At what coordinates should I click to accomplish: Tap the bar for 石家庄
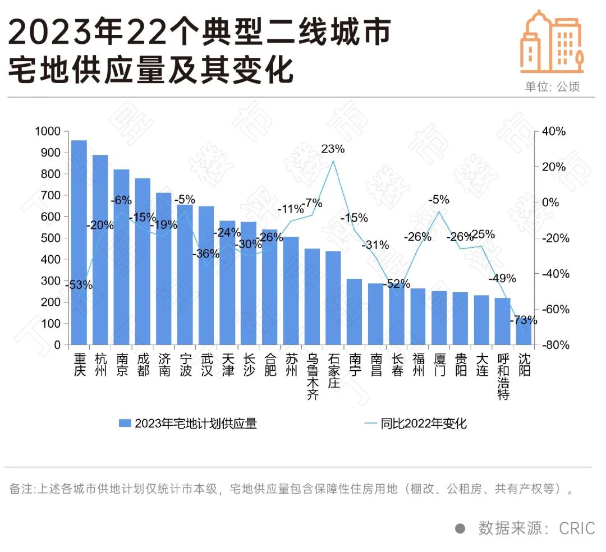[333, 298]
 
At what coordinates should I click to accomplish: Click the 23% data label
[333, 149]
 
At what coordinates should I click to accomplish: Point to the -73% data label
[524, 321]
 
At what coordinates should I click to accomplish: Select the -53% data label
[79, 285]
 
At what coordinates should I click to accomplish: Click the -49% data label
[502, 278]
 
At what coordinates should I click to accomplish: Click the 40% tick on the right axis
[554, 131]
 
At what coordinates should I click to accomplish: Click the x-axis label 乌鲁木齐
[313, 376]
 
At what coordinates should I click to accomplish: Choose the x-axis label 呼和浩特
[503, 376]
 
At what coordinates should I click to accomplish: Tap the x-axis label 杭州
[100, 364]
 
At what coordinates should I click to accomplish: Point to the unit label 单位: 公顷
[552, 87]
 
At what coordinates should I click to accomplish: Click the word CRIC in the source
[576, 528]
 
